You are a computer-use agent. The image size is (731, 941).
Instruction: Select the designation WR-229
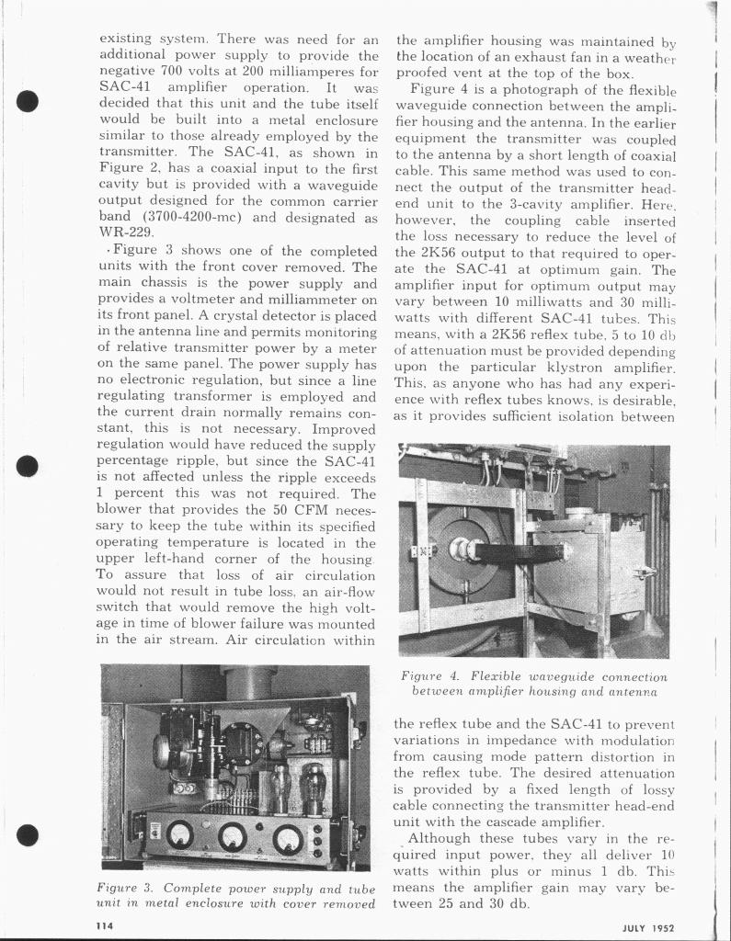[x=120, y=234]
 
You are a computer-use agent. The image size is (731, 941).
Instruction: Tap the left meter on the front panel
[x=178, y=834]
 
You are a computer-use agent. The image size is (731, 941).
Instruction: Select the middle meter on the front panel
[x=233, y=835]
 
